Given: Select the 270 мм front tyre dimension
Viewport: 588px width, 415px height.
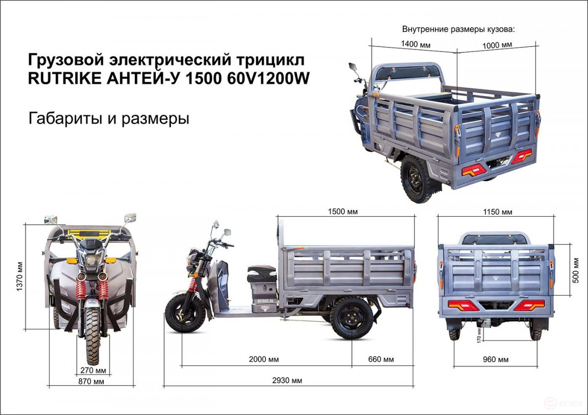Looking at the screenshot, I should coord(93,369).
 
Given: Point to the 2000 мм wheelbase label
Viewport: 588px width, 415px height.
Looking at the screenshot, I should coord(264,359).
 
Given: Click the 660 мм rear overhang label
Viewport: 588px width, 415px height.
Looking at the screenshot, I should coord(381,359).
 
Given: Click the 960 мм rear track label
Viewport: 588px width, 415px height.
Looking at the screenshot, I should coord(495,359).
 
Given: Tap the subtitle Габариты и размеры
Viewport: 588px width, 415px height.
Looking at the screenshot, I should coord(109,118).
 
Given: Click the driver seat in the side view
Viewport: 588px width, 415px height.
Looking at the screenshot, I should coord(261,271).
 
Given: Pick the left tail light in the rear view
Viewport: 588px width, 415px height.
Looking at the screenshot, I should coord(463,305).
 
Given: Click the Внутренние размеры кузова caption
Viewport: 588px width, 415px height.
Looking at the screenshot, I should coord(458,29).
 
